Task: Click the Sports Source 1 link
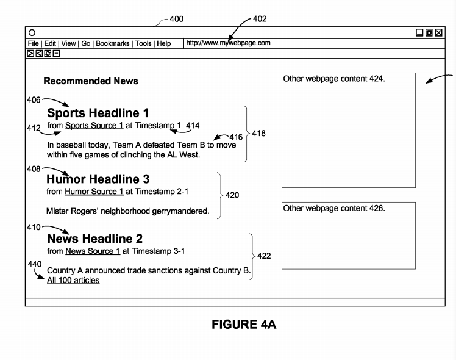[x=94, y=126]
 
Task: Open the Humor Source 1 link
[x=94, y=192]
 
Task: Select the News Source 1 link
[x=93, y=251]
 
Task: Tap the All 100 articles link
[x=73, y=280]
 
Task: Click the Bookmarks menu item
[x=113, y=43]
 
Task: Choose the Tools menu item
[x=143, y=43]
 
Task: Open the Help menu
[x=164, y=43]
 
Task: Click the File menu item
[x=33, y=43]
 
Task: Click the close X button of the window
[x=438, y=32]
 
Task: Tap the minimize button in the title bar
[x=419, y=32]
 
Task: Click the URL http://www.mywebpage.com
[x=228, y=43]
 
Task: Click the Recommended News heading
[x=91, y=81]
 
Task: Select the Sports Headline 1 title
[x=98, y=113]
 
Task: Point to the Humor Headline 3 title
[x=98, y=179]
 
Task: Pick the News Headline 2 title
[x=95, y=239]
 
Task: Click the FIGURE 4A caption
[x=244, y=325]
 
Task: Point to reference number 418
[x=258, y=133]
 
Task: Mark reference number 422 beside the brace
[x=264, y=256]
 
